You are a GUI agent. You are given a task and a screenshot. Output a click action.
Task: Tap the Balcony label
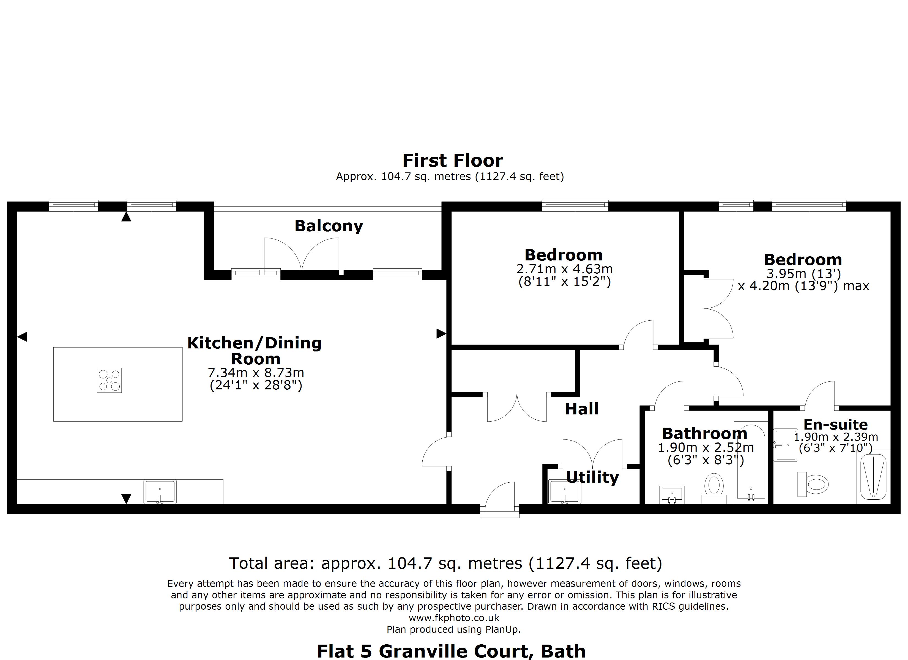pos(329,226)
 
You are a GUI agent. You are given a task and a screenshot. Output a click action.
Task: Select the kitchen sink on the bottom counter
pos(160,491)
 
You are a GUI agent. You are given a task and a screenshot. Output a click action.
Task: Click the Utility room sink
pos(565,491)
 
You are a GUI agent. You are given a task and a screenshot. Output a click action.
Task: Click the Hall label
pos(582,409)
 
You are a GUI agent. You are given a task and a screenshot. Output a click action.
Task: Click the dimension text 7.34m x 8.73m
pos(256,373)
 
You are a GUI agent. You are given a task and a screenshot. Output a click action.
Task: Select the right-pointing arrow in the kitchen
pos(441,333)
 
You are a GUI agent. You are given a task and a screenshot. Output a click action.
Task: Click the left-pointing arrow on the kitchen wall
pos(22,337)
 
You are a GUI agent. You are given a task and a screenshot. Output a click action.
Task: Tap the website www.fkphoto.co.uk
pos(454,618)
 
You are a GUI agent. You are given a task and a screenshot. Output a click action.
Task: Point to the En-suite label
pos(836,424)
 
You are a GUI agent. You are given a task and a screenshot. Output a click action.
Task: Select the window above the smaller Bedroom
pos(575,206)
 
